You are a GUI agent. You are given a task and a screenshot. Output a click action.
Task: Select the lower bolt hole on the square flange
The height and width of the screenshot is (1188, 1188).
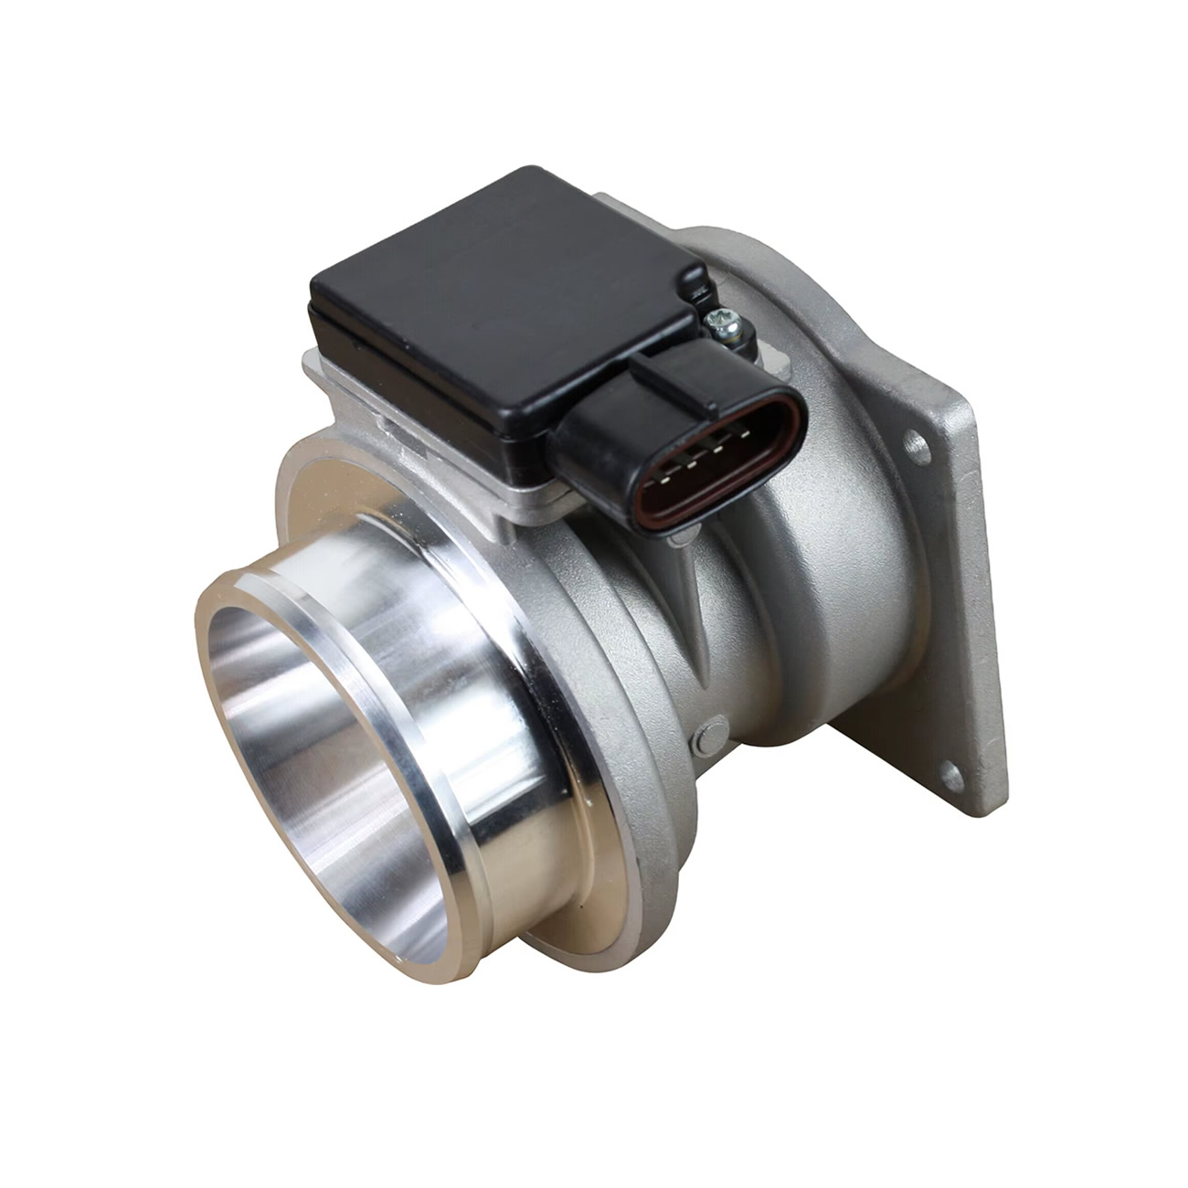951,778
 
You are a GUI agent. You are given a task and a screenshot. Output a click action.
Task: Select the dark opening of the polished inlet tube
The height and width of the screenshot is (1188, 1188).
302,731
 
